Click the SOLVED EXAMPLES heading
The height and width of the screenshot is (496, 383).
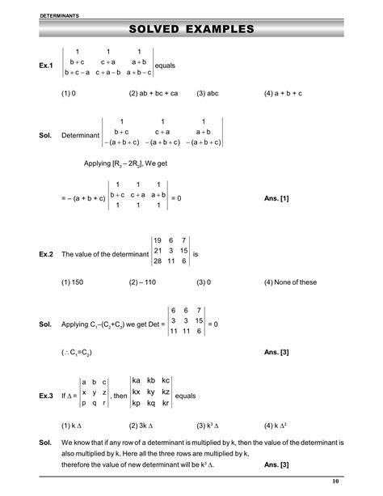point(191,29)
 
